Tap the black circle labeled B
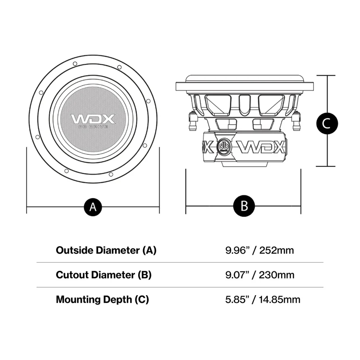point(244,207)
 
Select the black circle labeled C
point(327,121)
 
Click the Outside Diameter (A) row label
point(106,250)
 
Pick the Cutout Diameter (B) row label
point(103,274)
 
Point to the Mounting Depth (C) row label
point(102,299)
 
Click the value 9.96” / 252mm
point(260,250)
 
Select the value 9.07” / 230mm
point(260,274)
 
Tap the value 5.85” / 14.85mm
point(263,299)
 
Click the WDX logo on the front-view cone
point(93,119)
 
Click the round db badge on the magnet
point(224,146)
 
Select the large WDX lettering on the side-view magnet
point(260,147)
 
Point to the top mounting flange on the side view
point(244,84)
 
